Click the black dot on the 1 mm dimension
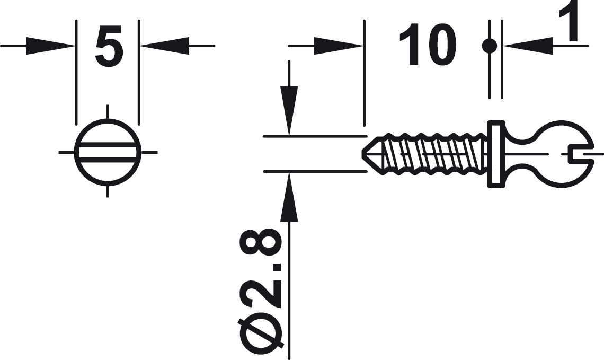(489, 46)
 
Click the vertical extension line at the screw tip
(364, 74)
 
